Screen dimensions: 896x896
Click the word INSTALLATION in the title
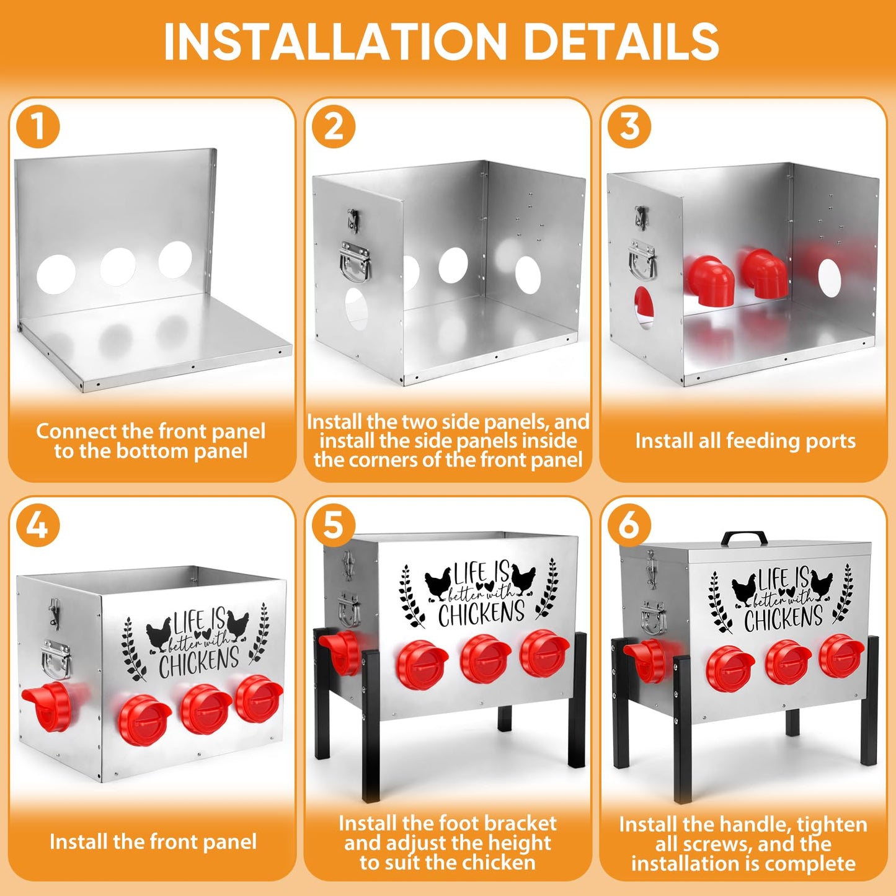click(335, 42)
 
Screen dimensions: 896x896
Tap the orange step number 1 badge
click(38, 126)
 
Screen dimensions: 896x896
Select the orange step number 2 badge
click(334, 126)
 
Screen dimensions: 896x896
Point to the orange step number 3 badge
click(629, 126)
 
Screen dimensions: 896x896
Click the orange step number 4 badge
click(38, 525)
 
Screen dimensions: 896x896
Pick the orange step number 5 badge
click(334, 525)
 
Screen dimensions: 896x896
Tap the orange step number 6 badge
click(629, 525)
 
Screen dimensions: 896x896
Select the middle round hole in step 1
click(118, 267)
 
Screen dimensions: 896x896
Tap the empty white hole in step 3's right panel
click(830, 278)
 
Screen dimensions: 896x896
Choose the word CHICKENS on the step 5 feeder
click(481, 613)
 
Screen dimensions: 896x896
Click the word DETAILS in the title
click(622, 42)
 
